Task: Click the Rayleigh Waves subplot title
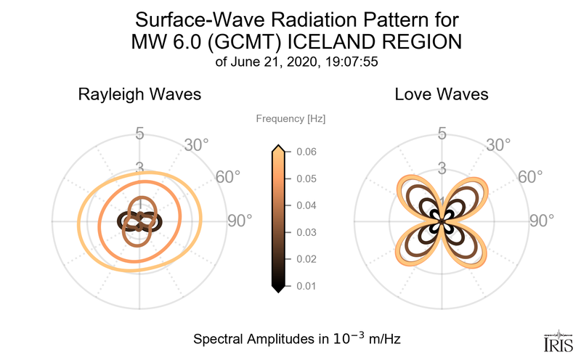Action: point(139,94)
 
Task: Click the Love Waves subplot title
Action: point(441,94)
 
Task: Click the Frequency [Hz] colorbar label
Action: point(291,118)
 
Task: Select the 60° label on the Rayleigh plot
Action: point(228,178)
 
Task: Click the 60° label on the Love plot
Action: point(530,178)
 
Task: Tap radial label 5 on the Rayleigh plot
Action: point(139,134)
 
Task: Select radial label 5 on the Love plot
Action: point(441,134)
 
